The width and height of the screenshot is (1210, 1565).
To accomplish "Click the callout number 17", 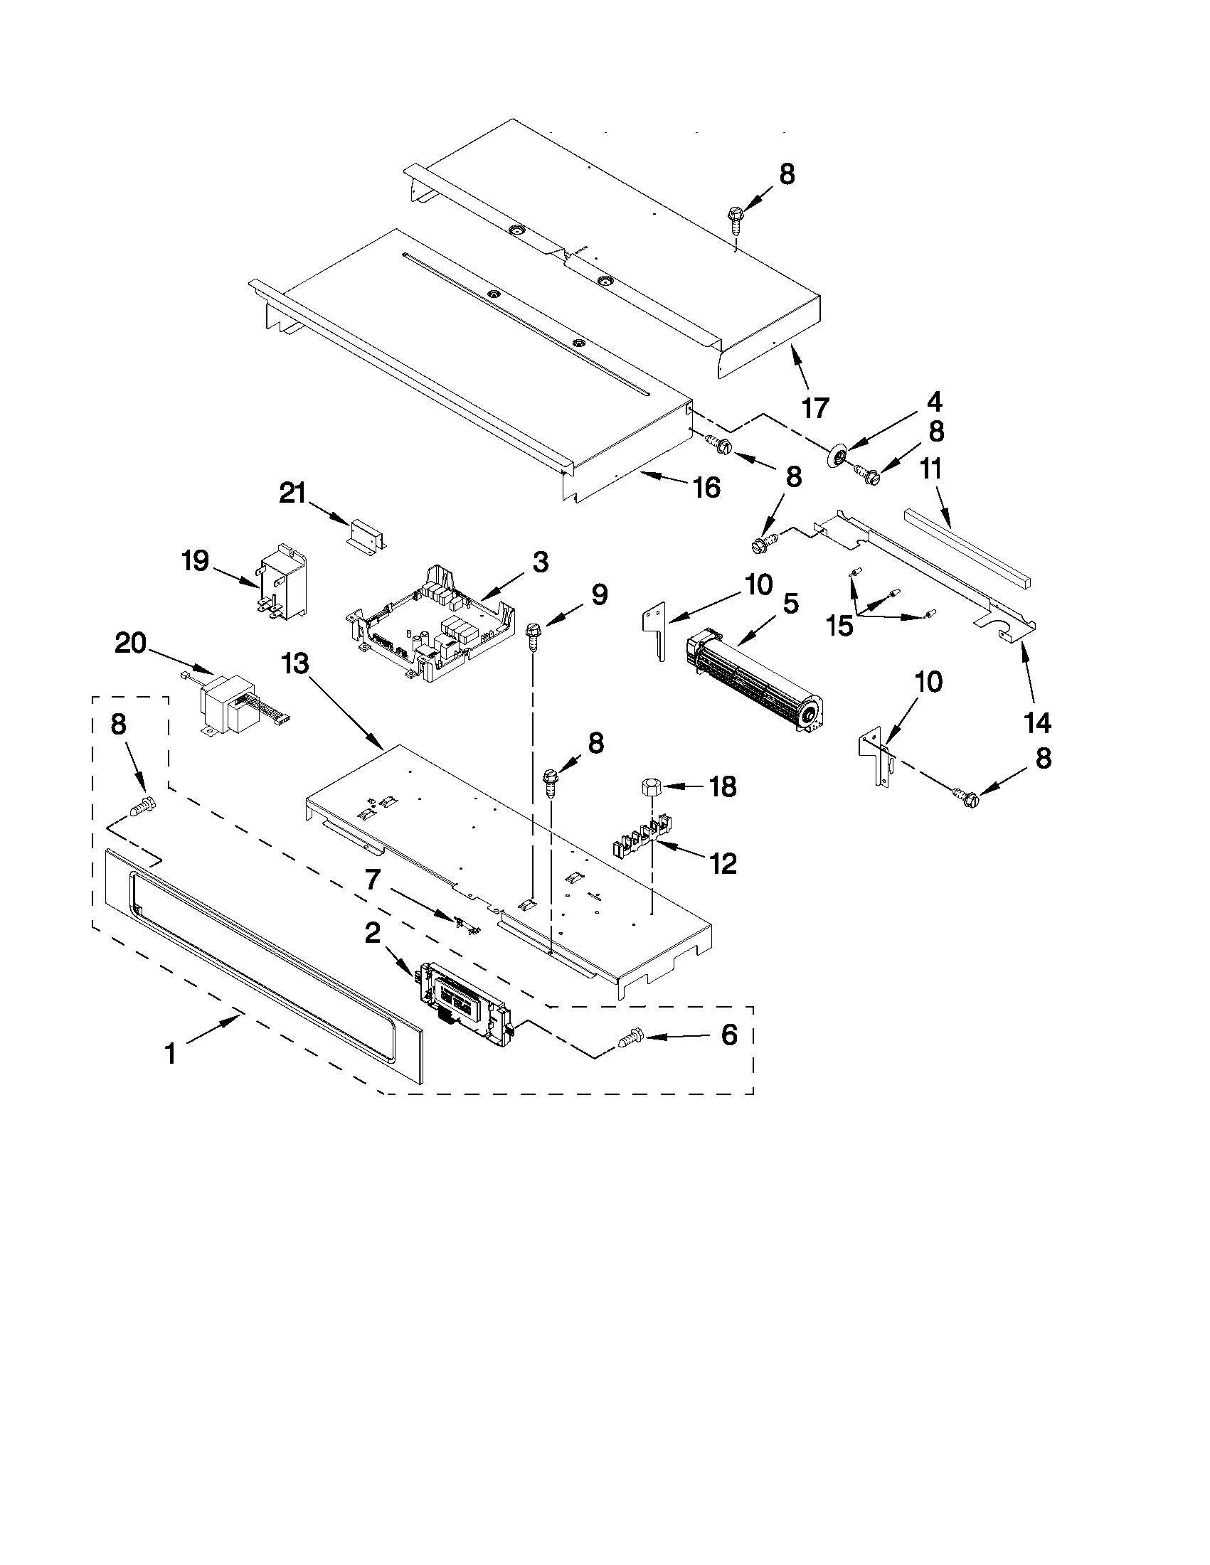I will (814, 407).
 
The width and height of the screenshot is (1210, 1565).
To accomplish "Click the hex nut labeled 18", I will (650, 786).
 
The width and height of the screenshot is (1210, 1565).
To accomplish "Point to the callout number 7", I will (372, 880).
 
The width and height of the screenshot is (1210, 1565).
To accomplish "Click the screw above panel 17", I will (736, 215).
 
